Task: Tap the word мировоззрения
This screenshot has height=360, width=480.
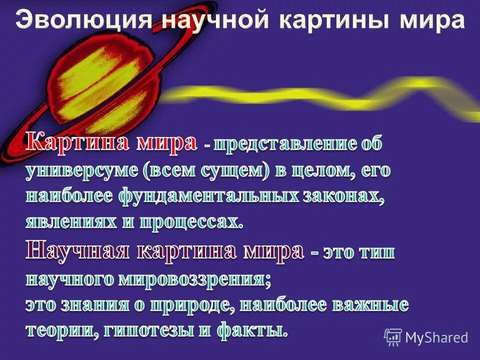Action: [195, 279]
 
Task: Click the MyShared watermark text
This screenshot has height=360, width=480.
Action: [436, 337]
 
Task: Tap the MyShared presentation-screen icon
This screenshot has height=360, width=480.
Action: [393, 337]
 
